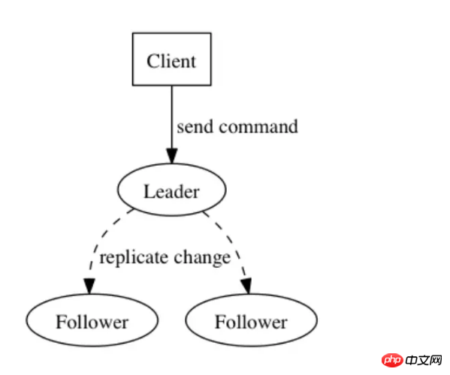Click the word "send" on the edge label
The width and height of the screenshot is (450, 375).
195,127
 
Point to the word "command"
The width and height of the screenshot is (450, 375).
258,127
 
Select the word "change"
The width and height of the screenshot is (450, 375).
202,258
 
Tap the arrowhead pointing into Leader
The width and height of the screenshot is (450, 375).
171,156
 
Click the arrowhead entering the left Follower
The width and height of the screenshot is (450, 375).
89,286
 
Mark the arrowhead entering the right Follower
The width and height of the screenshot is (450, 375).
247,286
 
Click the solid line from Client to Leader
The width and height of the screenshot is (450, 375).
172,117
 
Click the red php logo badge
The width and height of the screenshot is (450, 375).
392,360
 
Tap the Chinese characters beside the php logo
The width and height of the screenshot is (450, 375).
424,361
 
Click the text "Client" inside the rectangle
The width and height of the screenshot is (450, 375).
171,61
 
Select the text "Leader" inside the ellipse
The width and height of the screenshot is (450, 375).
171,191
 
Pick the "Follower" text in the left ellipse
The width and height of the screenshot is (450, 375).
92,322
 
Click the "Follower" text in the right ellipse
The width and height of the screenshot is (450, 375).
251,322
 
